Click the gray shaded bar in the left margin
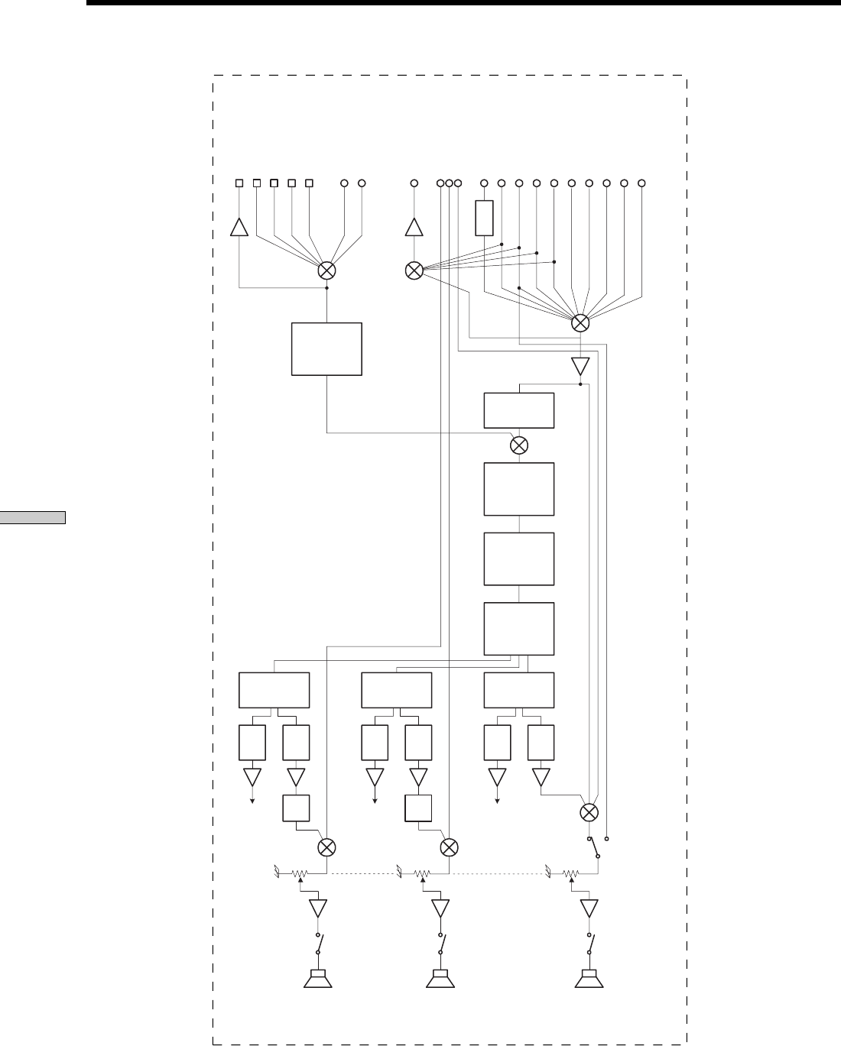[33, 517]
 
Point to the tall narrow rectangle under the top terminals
[484, 218]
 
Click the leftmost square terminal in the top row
[239, 183]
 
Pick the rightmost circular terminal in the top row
[642, 183]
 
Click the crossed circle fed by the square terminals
[326, 270]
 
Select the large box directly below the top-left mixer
[326, 348]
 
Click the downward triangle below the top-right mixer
[580, 366]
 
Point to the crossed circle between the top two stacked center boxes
[519, 445]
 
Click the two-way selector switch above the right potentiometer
[593, 847]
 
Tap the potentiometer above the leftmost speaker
[300, 873]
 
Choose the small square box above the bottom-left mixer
[296, 808]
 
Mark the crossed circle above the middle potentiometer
[450, 847]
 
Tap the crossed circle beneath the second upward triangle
[414, 270]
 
